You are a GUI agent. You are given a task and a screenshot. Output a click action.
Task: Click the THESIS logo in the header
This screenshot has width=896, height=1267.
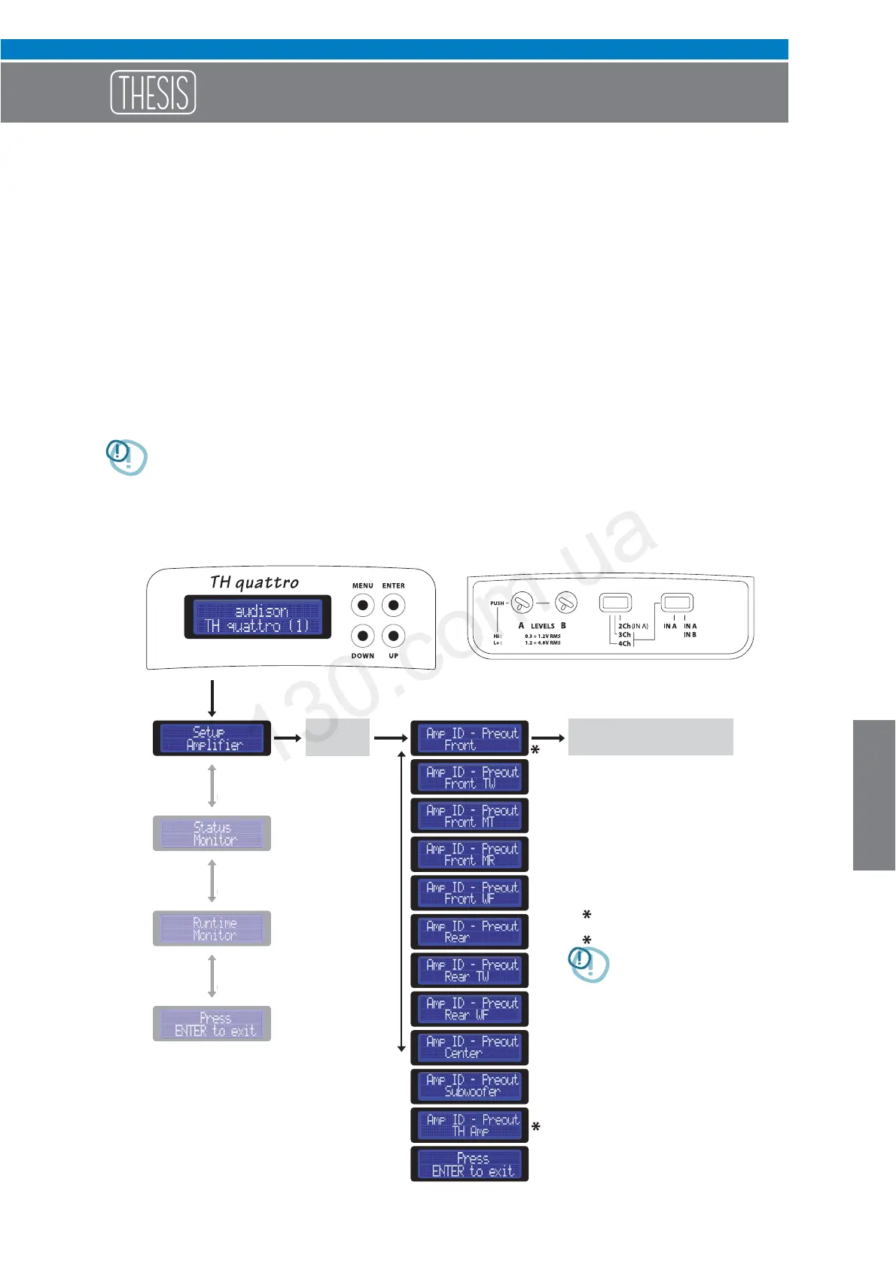[153, 93]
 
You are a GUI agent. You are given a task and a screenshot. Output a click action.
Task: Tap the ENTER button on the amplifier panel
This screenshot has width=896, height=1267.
[393, 605]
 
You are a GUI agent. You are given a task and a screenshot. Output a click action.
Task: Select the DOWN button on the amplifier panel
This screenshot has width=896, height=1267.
[363, 636]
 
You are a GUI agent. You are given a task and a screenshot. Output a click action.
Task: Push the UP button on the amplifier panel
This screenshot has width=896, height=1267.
[393, 636]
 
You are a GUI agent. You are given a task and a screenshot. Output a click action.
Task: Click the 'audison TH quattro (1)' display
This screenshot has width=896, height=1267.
[258, 618]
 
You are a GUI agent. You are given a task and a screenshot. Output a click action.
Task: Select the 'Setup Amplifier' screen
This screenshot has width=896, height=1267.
[212, 738]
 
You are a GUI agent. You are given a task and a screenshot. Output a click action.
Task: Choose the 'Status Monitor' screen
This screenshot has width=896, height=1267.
[212, 834]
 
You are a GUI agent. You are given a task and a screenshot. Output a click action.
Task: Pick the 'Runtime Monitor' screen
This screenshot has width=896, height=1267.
[212, 928]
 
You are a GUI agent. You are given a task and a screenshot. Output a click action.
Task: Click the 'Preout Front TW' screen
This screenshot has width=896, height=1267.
[469, 777]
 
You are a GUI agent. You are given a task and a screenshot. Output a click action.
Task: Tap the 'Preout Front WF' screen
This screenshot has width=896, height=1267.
[469, 893]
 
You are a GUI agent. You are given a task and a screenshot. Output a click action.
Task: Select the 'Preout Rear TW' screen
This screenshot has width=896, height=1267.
[469, 971]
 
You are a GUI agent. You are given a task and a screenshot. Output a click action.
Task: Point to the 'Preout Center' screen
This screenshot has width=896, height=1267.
[469, 1047]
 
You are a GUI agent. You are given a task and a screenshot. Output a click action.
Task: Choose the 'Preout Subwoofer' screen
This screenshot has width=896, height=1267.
[469, 1086]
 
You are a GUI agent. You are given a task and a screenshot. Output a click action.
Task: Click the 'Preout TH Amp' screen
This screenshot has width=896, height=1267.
[469, 1125]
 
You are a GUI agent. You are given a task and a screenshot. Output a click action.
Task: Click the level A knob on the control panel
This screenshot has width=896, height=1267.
[523, 603]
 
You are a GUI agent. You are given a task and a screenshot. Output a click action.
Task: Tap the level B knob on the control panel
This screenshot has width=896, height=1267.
[566, 603]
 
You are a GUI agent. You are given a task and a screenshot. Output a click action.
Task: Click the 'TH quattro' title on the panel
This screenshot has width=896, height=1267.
[254, 582]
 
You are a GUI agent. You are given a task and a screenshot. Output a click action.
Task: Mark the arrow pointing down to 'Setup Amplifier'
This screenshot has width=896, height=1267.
[212, 699]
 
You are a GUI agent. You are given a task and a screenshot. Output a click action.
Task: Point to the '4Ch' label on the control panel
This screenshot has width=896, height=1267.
[624, 643]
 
